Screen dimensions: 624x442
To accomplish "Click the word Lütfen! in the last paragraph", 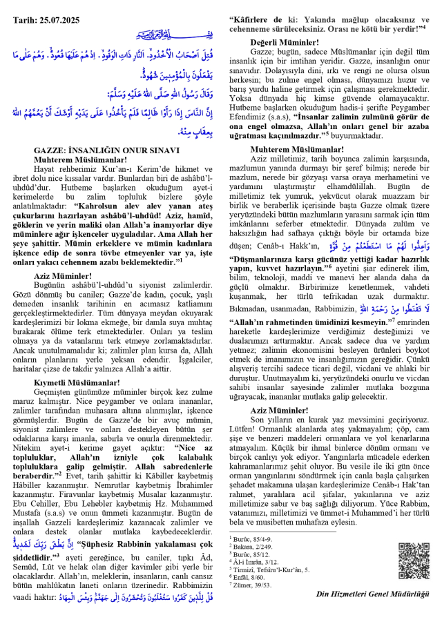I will pyautogui.click(x=242, y=428).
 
